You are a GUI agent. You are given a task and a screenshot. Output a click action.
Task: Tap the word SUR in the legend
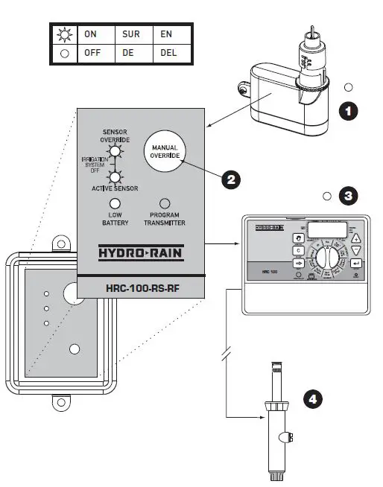tap(131, 34)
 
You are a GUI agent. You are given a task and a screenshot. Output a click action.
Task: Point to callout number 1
tap(348, 111)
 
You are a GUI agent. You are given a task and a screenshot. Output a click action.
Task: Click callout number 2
tap(231, 179)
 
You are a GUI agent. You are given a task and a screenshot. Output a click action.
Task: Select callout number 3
tap(348, 197)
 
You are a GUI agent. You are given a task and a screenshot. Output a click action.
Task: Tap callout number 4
tap(314, 400)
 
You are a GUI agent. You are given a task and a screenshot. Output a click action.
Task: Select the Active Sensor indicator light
tap(115, 177)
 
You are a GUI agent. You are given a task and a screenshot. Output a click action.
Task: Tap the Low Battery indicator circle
tap(115, 203)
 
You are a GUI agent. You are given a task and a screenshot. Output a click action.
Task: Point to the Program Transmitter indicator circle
tap(165, 203)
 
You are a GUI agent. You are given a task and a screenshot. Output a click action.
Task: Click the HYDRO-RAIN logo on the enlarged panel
tap(142, 253)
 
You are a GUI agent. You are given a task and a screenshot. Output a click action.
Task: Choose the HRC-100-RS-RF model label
tap(142, 287)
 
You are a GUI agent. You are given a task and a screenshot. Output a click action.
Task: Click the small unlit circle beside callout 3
tap(327, 197)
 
